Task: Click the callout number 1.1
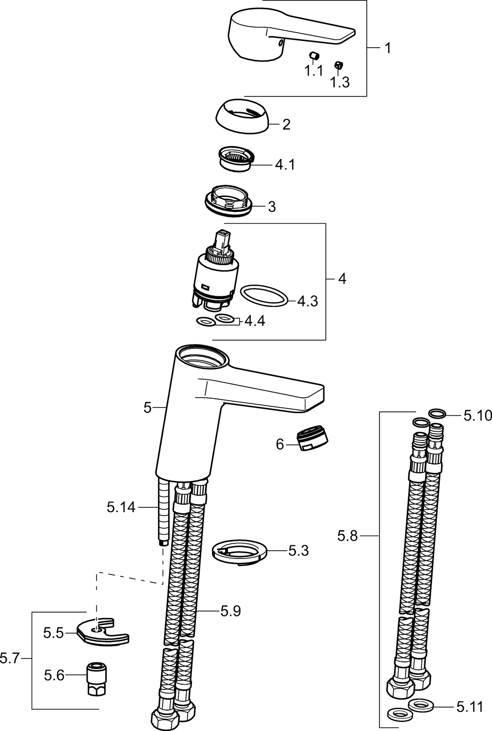[x=314, y=70]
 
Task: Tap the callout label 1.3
[x=340, y=82]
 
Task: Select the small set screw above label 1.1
[x=315, y=56]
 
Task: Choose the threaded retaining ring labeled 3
[x=229, y=200]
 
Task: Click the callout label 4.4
[x=255, y=321]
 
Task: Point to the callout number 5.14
[x=121, y=507]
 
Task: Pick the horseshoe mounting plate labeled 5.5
[x=103, y=632]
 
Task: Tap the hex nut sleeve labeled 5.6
[x=97, y=674]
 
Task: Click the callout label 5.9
[x=231, y=611]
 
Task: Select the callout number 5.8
[x=347, y=536]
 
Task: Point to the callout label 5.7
[x=10, y=658]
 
